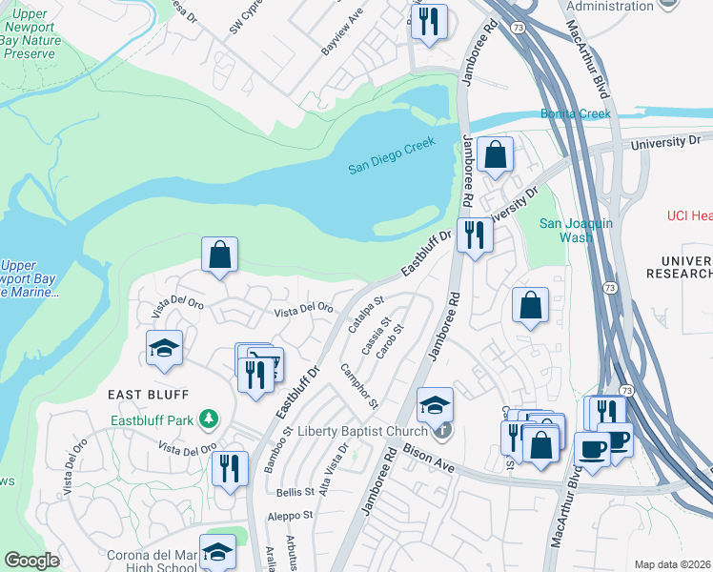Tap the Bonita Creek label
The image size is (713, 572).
[575, 113]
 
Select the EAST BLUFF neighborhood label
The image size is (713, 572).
[148, 394]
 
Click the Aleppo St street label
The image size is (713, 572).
[292, 516]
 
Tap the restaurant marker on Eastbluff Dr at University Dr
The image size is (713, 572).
[474, 235]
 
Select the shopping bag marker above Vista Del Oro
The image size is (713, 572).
[219, 255]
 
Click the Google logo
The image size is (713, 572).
[31, 561]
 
